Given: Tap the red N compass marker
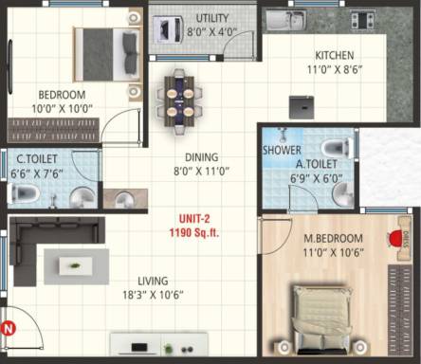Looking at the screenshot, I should pos(9,328).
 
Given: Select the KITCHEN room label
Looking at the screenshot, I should pos(336,55).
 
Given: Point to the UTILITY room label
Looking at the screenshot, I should pos(211,18).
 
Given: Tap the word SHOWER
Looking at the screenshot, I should pos(283,151).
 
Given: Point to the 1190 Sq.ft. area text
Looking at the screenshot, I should pos(193,231).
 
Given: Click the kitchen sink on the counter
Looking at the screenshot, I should pos(285,19).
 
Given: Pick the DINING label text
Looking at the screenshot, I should pos(202,157).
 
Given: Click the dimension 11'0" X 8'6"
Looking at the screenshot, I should pos(336,68).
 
